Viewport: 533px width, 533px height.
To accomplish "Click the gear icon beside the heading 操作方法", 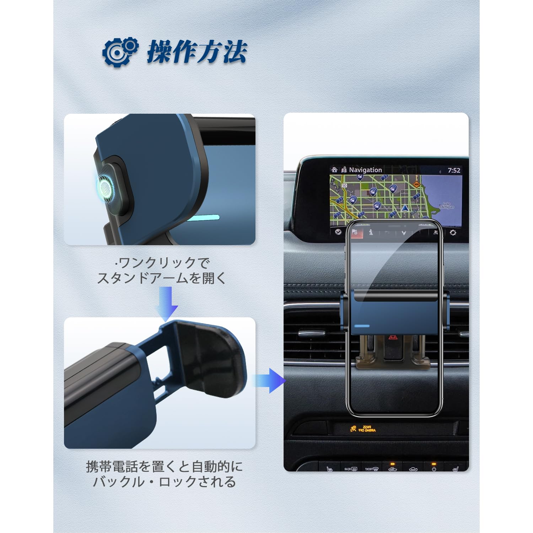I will click(x=120, y=52).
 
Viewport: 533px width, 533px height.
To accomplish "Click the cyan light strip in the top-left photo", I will click(x=203, y=217).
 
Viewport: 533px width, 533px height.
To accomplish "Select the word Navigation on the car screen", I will click(x=365, y=170).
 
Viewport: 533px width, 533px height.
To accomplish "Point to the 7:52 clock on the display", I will click(x=454, y=171).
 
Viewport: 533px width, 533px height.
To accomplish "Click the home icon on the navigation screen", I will click(x=334, y=170).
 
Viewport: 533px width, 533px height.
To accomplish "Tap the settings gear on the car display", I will click(x=453, y=233).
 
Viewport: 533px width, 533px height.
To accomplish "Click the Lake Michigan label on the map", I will click(x=446, y=206).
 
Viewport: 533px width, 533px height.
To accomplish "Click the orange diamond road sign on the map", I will click(x=416, y=184).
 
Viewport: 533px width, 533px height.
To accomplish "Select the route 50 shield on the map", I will click(x=344, y=185).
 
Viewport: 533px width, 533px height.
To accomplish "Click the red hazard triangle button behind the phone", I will click(x=393, y=337).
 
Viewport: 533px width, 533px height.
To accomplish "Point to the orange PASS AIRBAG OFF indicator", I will click(x=363, y=429).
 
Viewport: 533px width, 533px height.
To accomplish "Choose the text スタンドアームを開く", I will click(x=162, y=278).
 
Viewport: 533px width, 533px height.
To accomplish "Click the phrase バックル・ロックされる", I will click(x=164, y=482).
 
